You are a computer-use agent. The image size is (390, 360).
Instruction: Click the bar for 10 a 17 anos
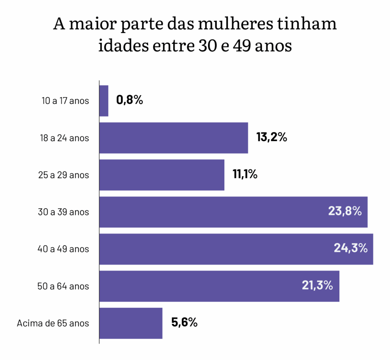[104, 101]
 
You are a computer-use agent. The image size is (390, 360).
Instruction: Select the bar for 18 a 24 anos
[174, 138]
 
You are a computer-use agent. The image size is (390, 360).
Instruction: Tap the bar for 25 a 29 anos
[162, 175]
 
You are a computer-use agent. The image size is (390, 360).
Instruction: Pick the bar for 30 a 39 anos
[213, 212]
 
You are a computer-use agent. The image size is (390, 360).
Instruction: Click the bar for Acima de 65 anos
[131, 323]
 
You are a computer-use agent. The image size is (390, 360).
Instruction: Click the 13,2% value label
[272, 137]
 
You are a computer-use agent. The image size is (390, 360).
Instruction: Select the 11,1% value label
[245, 175]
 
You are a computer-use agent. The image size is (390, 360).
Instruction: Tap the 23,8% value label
[345, 212]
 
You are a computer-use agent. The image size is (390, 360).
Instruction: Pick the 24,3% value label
[350, 248]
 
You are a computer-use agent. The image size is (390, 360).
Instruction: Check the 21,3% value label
[317, 285]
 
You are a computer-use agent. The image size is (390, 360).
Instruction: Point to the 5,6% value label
[184, 323]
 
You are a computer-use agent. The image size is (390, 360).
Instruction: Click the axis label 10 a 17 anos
[65, 101]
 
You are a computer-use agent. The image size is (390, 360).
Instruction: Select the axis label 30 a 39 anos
[63, 212]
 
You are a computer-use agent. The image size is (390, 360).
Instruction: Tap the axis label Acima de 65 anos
[53, 323]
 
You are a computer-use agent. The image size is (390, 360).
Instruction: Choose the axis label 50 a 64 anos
[63, 286]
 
